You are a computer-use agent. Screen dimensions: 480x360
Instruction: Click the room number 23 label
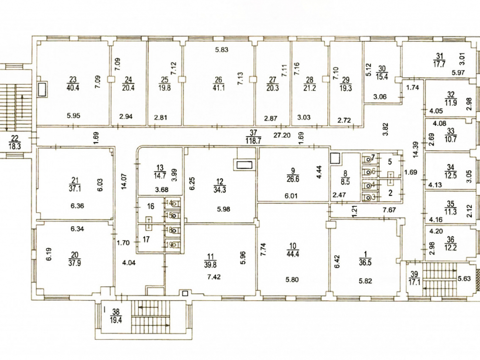[x=72, y=80]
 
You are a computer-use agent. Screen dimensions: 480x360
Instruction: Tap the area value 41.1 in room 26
[x=218, y=88]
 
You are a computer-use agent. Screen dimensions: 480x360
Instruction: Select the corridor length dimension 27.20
[x=282, y=135]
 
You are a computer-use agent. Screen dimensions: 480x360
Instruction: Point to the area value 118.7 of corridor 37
[x=253, y=141]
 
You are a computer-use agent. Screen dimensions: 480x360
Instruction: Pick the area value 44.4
[x=293, y=254]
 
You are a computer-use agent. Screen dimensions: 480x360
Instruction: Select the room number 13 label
[x=160, y=168]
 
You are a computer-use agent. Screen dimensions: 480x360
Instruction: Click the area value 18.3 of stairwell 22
[x=14, y=146]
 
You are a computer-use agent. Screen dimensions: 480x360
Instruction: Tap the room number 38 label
[x=116, y=312]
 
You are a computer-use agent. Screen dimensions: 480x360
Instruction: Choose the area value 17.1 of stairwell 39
[x=415, y=282]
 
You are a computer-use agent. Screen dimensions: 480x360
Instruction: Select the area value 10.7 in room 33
[x=451, y=138]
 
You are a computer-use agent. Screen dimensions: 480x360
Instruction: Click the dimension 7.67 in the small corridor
[x=389, y=210]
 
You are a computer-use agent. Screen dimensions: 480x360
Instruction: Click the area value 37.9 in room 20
[x=75, y=263]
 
